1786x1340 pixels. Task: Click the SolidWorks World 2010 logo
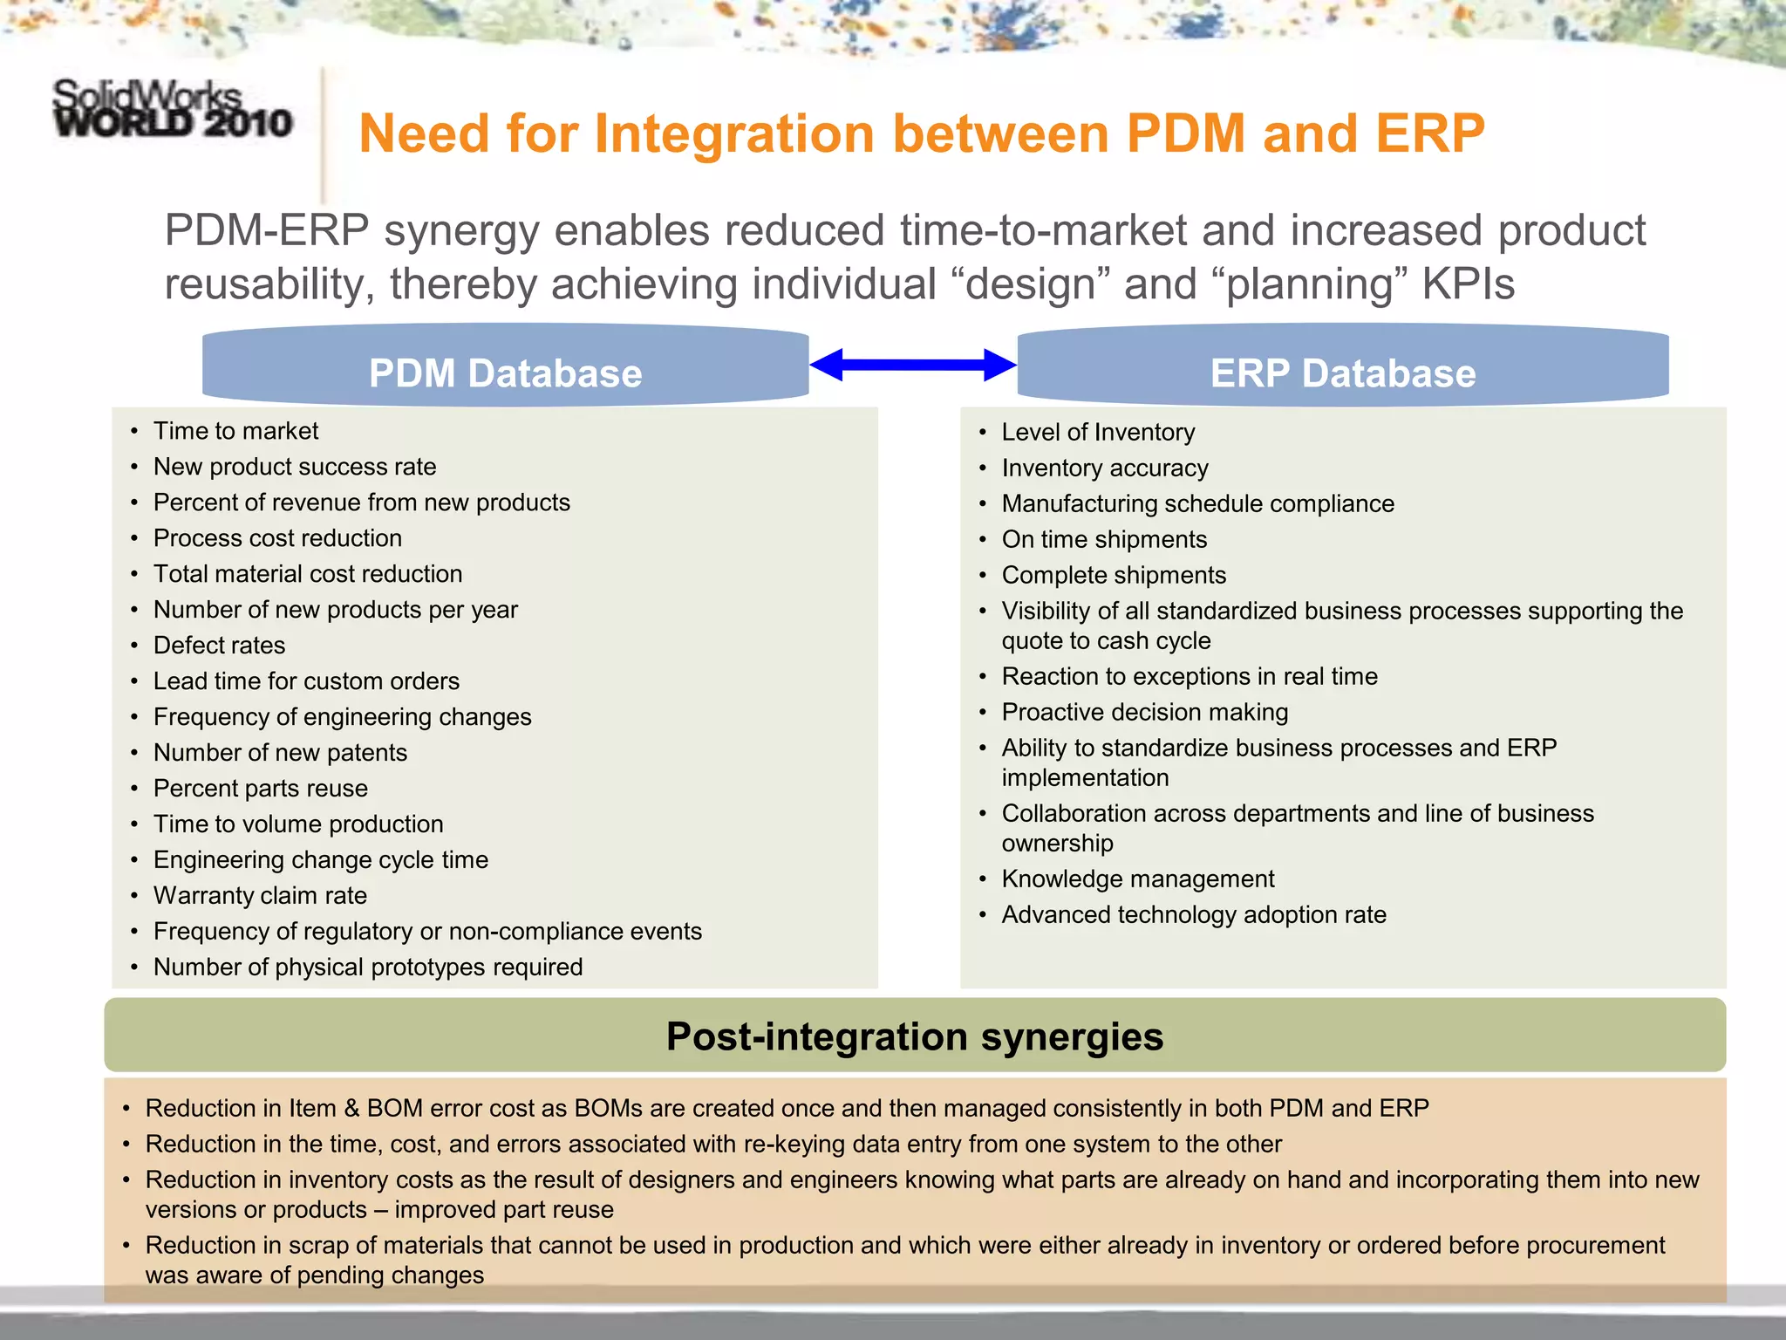pyautogui.click(x=172, y=109)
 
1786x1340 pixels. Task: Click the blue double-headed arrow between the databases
pyautogui.click(x=912, y=365)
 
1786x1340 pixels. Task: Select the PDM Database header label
pyautogui.click(x=505, y=373)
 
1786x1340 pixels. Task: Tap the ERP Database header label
pyautogui.click(x=1342, y=373)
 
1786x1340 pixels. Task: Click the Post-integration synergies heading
pyautogui.click(x=914, y=1036)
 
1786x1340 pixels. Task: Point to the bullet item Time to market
pyautogui.click(x=235, y=431)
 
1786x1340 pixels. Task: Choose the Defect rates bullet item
pyautogui.click(x=219, y=646)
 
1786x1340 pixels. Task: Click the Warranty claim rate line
pyautogui.click(x=260, y=896)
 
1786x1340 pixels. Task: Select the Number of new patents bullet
pyautogui.click(x=280, y=753)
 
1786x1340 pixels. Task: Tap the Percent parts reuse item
pyautogui.click(x=260, y=789)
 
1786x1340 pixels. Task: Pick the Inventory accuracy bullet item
pyautogui.click(x=1104, y=468)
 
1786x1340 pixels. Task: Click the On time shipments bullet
pyautogui.click(x=1103, y=540)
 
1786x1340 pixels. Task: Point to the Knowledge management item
pyautogui.click(x=1137, y=879)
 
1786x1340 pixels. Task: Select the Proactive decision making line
pyautogui.click(x=1144, y=713)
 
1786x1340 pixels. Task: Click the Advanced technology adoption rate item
pyautogui.click(x=1193, y=915)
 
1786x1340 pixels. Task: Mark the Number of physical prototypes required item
pyautogui.click(x=367, y=967)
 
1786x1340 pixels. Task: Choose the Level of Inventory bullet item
pyautogui.click(x=1097, y=433)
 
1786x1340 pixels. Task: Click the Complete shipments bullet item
pyautogui.click(x=1113, y=576)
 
